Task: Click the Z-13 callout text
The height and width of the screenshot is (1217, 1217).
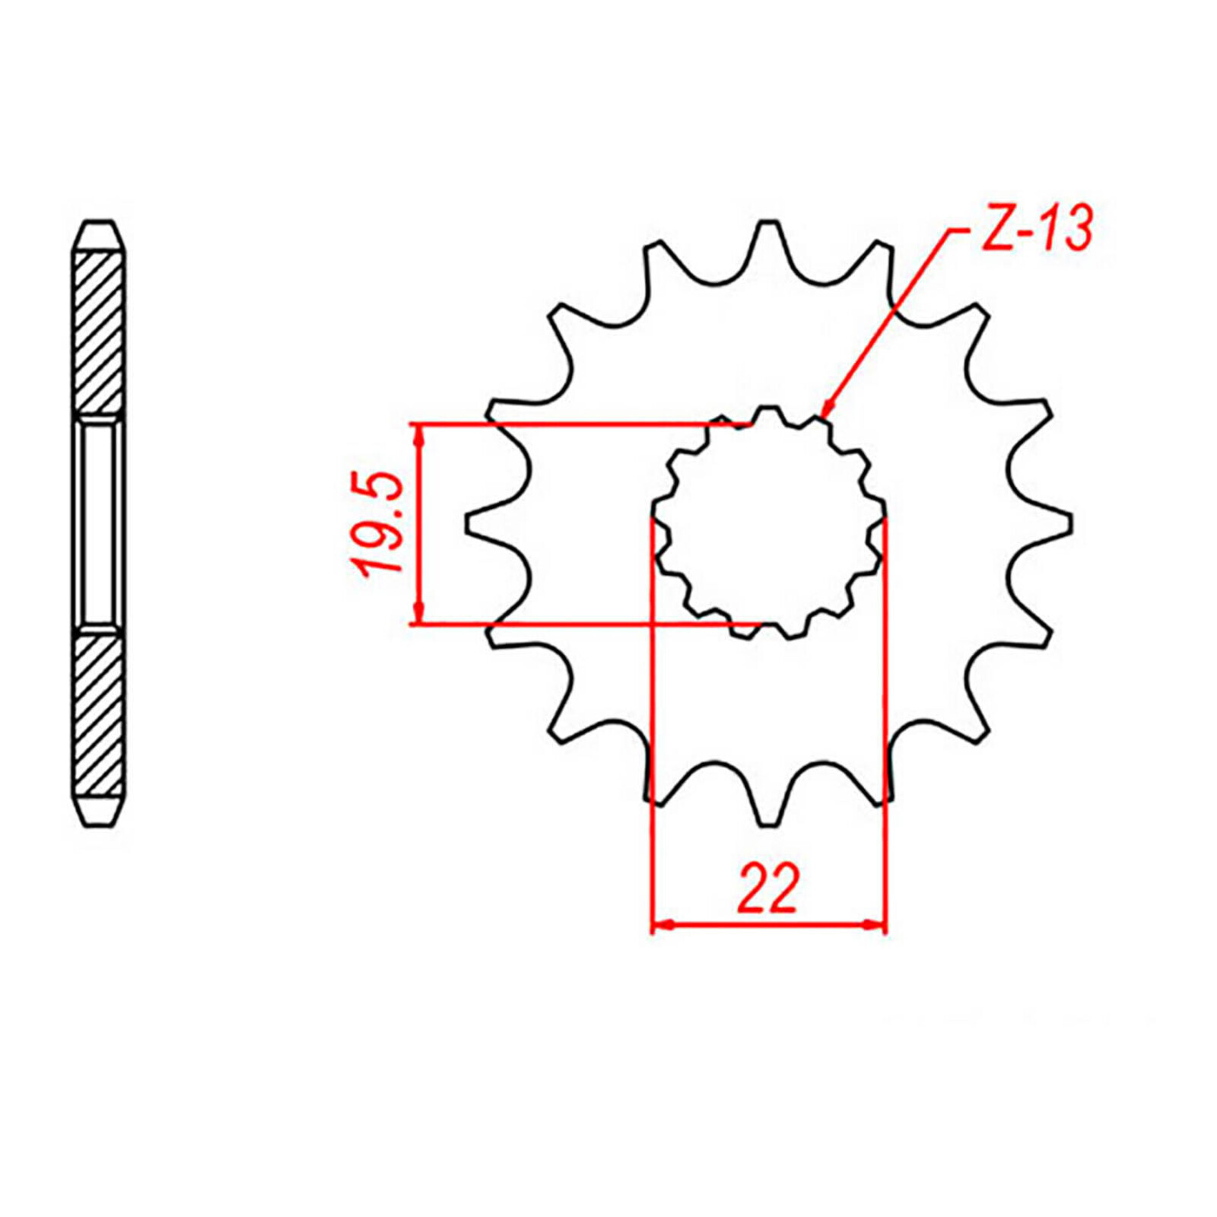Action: tap(1037, 227)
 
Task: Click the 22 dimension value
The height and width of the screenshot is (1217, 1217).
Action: tap(767, 888)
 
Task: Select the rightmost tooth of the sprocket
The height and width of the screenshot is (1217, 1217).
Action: tap(1053, 523)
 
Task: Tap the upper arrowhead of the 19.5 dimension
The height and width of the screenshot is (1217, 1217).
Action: tap(418, 434)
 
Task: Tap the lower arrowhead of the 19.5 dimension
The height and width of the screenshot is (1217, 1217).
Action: tap(418, 615)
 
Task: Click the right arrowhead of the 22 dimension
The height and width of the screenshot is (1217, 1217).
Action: tap(875, 924)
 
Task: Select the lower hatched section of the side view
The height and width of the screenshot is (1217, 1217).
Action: tap(98, 715)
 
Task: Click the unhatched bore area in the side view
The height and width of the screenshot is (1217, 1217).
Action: tap(98, 523)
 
